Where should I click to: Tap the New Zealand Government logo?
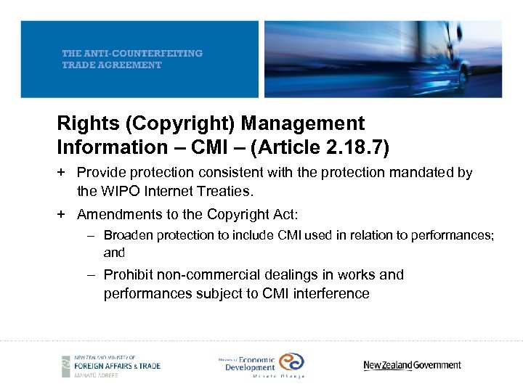pos(412,365)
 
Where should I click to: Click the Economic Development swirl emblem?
pos(291,362)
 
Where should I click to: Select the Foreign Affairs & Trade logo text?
pos(120,365)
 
